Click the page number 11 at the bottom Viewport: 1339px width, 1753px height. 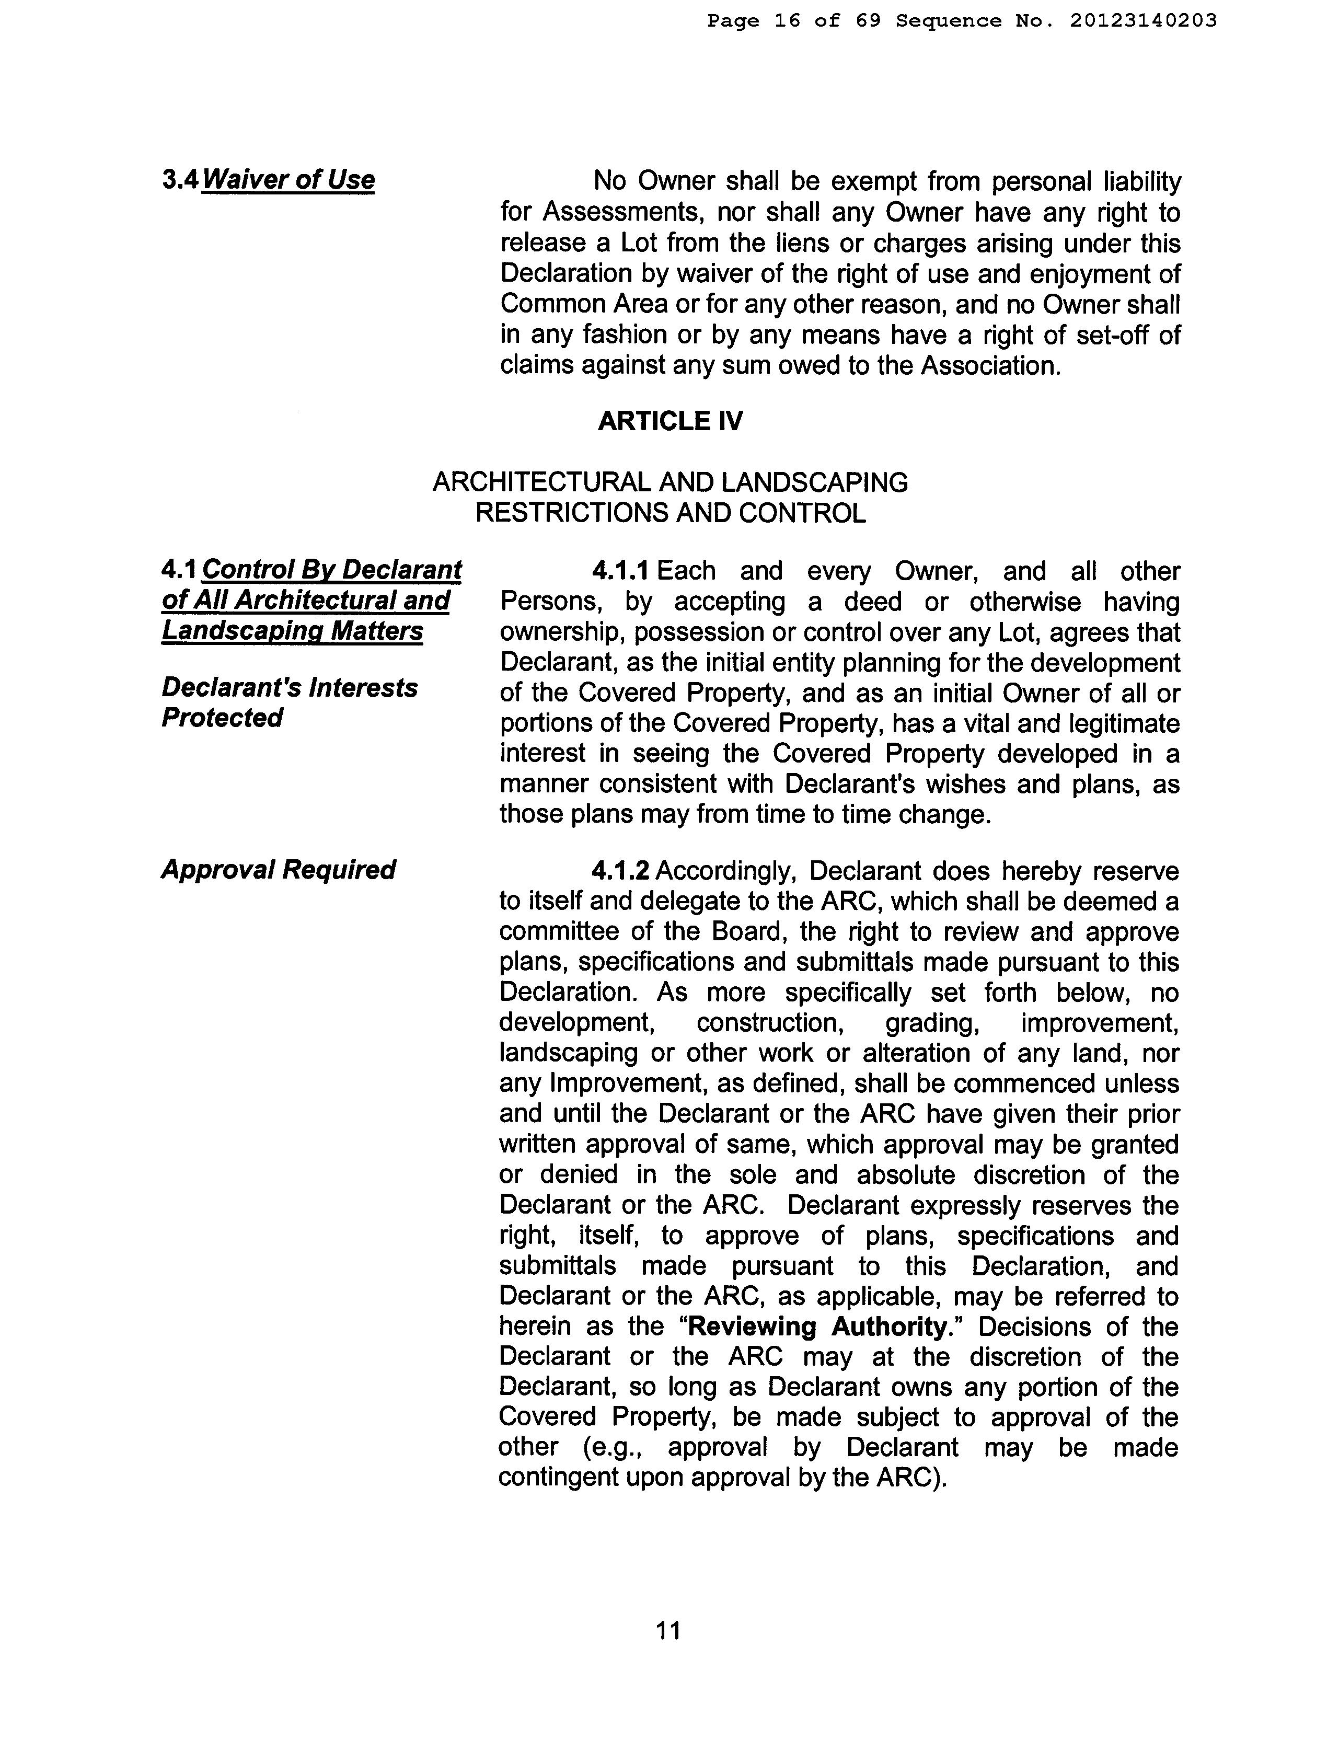click(x=668, y=1630)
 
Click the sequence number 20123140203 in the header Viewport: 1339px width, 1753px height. click(x=1143, y=21)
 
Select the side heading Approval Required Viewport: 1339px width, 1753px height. click(x=278, y=870)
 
